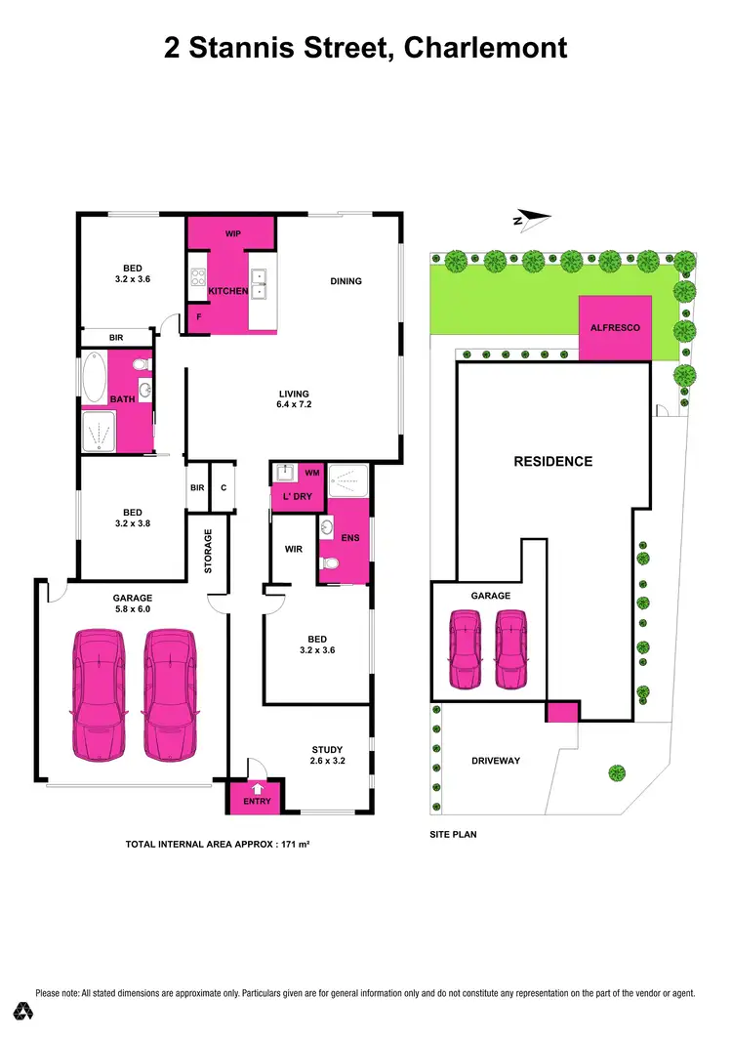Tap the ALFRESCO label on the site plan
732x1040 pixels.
615,328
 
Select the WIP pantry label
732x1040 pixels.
233,234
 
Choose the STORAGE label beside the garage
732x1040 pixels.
208,551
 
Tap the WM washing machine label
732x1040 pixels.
312,473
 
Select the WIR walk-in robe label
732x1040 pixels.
294,549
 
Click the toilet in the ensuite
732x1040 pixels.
331,563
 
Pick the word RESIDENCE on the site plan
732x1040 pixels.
552,461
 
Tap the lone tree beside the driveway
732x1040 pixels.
616,773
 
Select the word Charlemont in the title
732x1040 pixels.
486,47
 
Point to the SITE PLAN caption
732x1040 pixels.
453,835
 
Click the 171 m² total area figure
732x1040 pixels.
294,843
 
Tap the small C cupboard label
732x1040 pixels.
224,487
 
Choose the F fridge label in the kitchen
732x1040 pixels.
199,317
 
